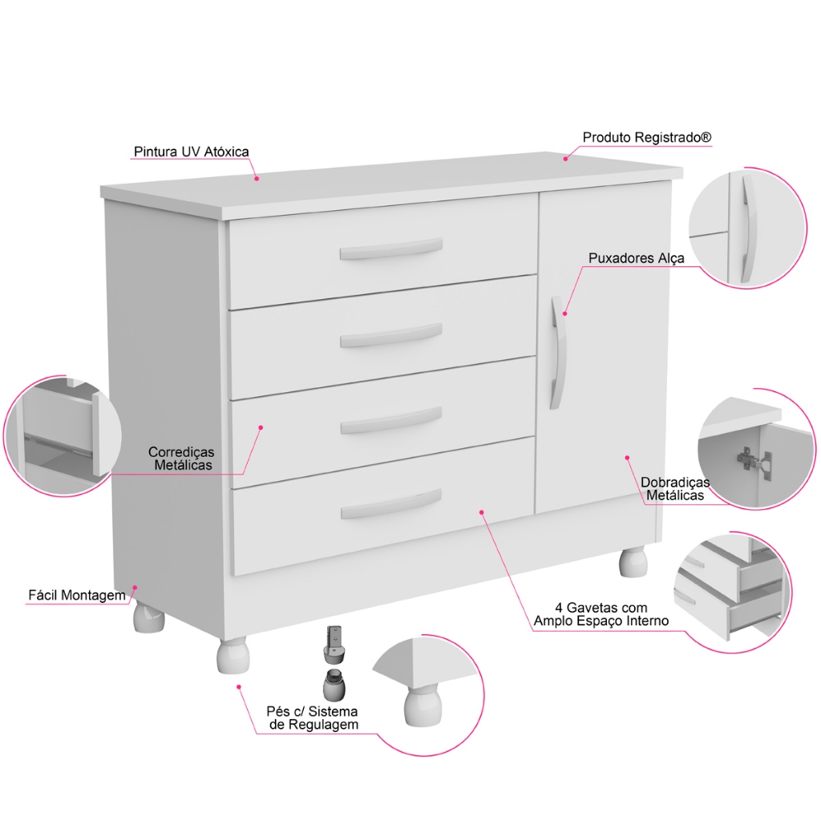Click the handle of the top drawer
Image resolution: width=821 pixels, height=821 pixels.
click(391, 249)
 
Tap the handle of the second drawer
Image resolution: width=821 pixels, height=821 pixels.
click(391, 334)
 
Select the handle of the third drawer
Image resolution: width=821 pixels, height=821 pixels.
click(391, 420)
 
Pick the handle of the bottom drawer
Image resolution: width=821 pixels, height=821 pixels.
click(391, 504)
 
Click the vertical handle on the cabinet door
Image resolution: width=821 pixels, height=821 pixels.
click(558, 353)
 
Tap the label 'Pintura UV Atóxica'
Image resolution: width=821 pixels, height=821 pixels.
click(191, 152)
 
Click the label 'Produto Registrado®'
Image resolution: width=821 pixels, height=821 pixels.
click(647, 138)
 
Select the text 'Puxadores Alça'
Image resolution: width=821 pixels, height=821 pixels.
click(636, 258)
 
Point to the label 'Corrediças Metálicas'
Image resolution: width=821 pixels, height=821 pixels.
click(182, 459)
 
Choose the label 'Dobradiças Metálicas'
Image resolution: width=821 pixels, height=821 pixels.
click(675, 488)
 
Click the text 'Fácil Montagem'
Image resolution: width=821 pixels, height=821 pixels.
click(77, 596)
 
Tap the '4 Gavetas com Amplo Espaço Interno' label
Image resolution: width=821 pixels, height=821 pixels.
click(601, 615)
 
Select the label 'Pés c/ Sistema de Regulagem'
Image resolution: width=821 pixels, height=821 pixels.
click(313, 718)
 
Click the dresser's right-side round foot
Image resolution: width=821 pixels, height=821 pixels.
click(633, 562)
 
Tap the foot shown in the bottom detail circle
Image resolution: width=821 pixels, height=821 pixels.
click(422, 706)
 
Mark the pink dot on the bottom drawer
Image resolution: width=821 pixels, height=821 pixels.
click(482, 512)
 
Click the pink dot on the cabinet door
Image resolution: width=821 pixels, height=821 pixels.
click(627, 458)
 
